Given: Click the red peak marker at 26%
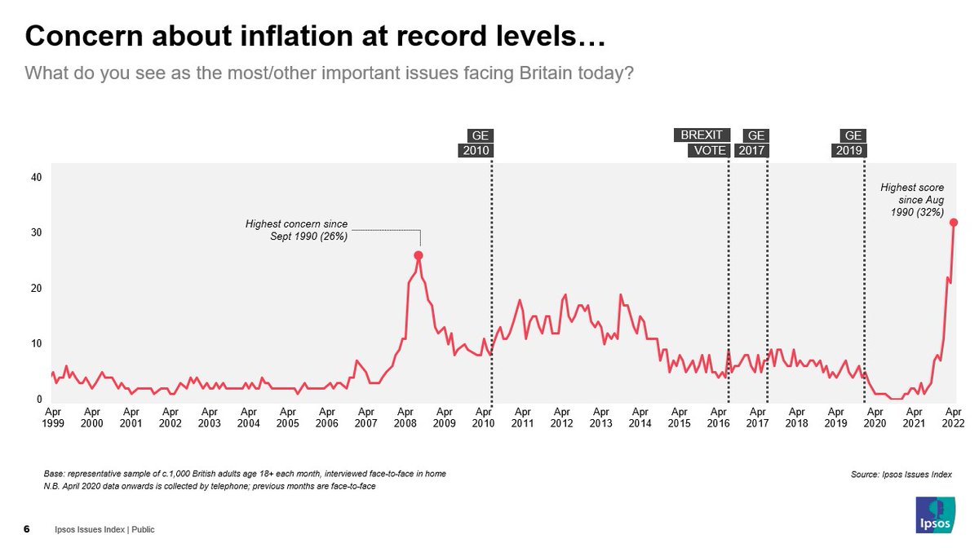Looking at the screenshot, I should click(419, 255).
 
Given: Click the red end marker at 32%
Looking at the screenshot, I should click(954, 222).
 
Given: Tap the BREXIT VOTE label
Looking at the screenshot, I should click(701, 143).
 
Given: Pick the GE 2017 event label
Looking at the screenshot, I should click(752, 143).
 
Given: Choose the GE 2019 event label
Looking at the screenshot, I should click(850, 143).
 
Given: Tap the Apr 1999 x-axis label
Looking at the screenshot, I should click(52, 418).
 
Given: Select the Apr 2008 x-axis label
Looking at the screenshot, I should click(405, 418).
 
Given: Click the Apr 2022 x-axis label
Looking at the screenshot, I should click(953, 418).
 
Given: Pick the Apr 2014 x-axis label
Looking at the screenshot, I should click(640, 418).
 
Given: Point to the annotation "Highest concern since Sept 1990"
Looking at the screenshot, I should click(296, 230).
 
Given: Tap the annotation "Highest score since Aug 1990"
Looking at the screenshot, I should click(911, 200).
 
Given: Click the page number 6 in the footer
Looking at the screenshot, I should click(27, 529).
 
